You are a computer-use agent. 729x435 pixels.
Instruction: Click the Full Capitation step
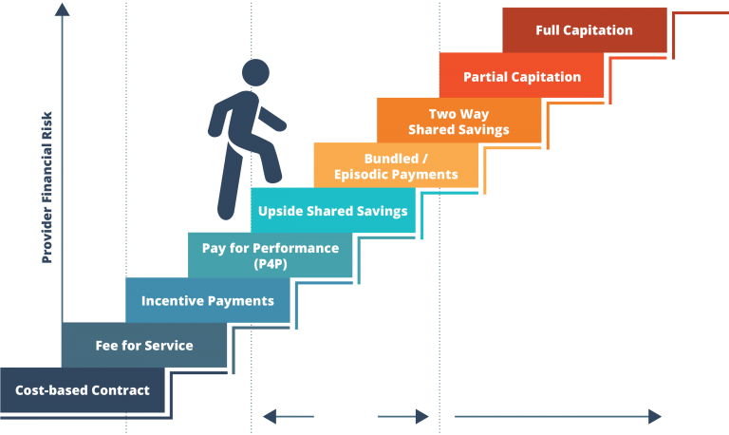[584, 30]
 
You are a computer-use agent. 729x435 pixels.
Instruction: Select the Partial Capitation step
[521, 77]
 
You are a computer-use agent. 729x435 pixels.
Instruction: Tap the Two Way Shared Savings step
[458, 122]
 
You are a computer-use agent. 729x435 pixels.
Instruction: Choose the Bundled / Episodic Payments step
[396, 166]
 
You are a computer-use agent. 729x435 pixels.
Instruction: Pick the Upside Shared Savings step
[332, 211]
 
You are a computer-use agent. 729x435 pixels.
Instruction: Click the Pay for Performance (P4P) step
[270, 255]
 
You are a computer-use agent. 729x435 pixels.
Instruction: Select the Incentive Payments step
[207, 301]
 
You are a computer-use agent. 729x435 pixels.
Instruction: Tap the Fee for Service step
[144, 346]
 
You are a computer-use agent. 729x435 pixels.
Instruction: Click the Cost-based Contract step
[83, 390]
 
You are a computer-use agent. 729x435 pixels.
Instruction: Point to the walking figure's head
[255, 72]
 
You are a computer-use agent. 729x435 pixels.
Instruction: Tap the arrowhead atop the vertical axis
[63, 9]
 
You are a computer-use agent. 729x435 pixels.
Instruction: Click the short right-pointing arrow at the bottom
[404, 416]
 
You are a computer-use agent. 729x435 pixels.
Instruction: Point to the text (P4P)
[270, 263]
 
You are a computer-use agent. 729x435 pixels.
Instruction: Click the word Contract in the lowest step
[122, 390]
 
